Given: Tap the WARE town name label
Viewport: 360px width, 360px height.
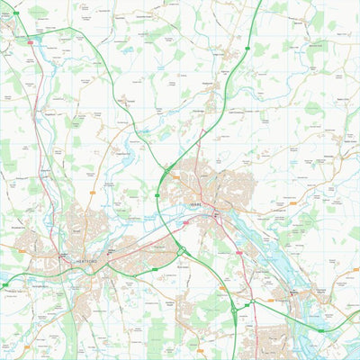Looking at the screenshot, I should point(198,205).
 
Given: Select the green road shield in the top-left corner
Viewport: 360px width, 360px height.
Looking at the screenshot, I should point(15,13).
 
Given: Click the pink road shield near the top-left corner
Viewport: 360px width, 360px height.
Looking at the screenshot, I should point(30,41).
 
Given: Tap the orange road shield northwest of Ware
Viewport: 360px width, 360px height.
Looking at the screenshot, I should point(175,176).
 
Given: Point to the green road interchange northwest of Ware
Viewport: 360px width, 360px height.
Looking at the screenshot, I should point(166,168).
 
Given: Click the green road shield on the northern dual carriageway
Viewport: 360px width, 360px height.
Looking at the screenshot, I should point(247,48).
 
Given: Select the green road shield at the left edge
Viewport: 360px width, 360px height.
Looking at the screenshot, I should point(4,284).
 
